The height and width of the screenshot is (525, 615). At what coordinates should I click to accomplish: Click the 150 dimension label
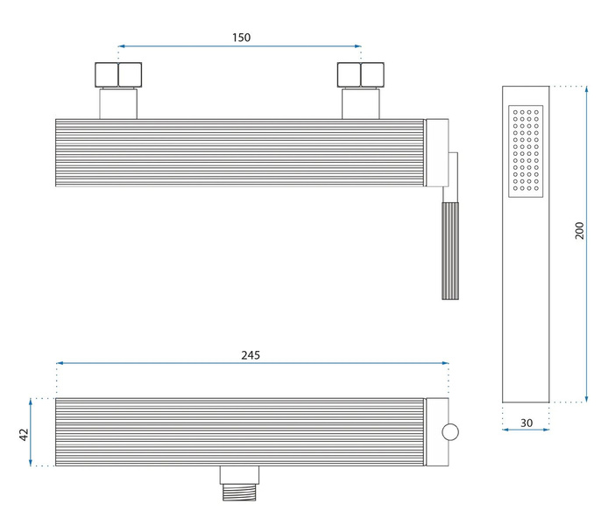point(241,38)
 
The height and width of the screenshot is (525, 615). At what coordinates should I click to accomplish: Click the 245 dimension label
point(251,355)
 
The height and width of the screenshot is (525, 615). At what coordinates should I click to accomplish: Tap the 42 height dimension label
point(24,435)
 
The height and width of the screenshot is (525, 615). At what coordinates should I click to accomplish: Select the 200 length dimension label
point(579,231)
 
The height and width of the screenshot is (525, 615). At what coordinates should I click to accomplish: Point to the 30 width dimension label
point(527,423)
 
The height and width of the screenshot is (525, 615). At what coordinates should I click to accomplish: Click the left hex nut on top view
point(118,75)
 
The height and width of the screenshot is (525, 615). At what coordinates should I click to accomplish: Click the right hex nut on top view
point(361,75)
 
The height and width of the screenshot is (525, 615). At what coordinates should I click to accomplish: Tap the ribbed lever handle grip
point(450,251)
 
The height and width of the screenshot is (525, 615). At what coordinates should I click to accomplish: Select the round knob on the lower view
point(450,432)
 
